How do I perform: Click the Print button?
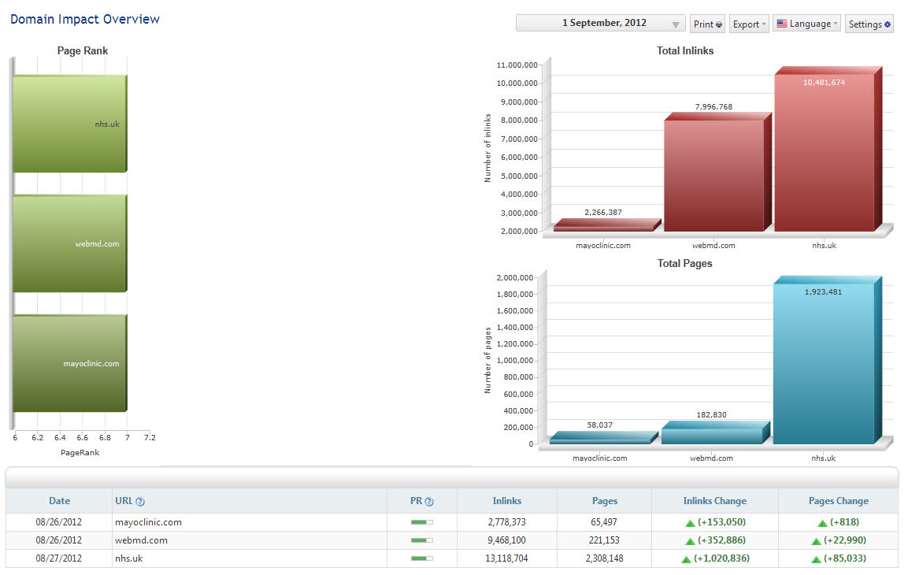[707, 24]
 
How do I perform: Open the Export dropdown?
[749, 24]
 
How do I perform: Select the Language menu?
[806, 24]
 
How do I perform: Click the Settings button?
[869, 24]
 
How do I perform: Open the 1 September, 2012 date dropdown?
[601, 23]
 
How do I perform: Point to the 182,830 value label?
[711, 414]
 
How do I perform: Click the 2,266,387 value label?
[602, 213]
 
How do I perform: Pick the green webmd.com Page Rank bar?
[69, 243]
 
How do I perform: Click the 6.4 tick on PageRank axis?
[60, 438]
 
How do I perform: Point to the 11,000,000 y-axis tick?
[517, 65]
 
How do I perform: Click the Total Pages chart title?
[684, 263]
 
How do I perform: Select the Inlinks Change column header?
[714, 501]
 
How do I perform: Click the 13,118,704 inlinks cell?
[506, 558]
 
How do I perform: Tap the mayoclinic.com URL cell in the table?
[148, 522]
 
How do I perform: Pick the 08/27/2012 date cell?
[58, 558]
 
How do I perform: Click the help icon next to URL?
[140, 502]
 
